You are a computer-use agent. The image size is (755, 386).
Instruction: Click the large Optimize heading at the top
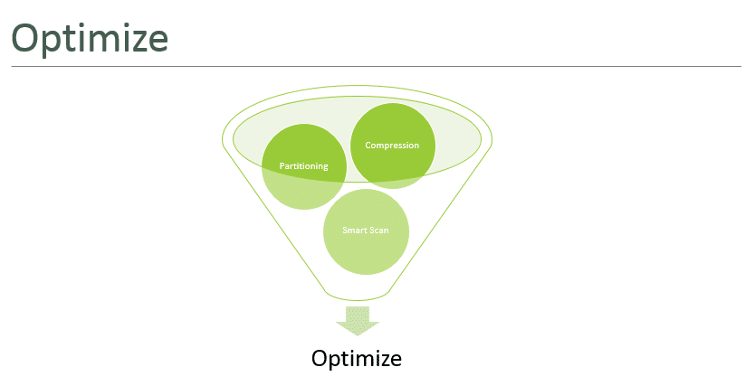click(x=90, y=40)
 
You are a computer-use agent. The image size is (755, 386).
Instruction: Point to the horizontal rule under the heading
click(x=376, y=66)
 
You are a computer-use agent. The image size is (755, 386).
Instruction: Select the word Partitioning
click(x=303, y=165)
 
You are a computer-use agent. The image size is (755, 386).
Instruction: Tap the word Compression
click(x=392, y=146)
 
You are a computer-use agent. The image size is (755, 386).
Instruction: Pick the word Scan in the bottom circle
click(x=378, y=231)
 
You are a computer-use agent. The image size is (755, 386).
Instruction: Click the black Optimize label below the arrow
click(x=357, y=359)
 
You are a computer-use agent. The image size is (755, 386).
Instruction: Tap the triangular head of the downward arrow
click(x=358, y=328)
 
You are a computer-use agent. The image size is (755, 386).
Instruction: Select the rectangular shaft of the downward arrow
click(x=358, y=315)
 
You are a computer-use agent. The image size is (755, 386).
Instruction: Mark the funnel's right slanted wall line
click(x=440, y=219)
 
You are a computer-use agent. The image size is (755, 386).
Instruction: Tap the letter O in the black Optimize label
click(x=320, y=358)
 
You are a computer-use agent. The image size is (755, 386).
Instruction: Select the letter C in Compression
click(x=368, y=146)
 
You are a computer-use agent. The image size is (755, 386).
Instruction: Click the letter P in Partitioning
click(x=282, y=165)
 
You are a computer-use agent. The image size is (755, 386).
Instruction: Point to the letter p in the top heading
click(x=54, y=43)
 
